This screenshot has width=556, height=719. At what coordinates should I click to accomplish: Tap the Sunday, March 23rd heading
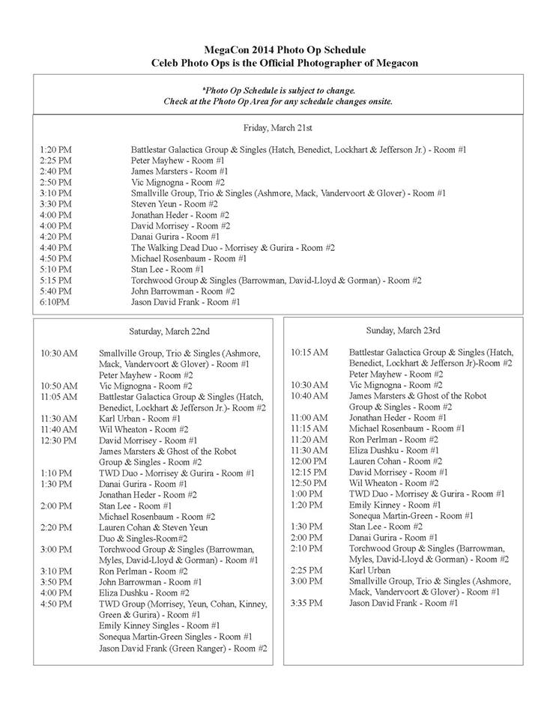point(403,330)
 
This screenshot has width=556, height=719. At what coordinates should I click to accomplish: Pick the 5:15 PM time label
point(56,280)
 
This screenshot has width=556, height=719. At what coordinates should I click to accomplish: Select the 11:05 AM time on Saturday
point(60,396)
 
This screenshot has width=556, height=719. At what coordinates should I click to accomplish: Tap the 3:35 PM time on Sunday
point(307,603)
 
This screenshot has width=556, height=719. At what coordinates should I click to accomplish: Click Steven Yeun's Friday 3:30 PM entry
point(175,204)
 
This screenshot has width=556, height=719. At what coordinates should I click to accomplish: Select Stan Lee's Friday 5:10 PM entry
point(167,269)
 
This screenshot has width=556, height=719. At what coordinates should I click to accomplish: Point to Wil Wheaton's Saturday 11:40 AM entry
point(143,429)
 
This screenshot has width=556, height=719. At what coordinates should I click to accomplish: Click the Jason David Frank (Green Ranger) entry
point(183,648)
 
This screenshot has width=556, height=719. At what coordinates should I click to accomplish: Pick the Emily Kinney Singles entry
point(159,625)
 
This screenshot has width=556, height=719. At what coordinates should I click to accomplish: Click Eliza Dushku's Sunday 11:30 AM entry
point(393,450)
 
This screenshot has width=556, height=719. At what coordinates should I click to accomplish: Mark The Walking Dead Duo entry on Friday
point(232,247)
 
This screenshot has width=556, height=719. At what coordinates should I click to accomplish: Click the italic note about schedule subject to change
point(278,95)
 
